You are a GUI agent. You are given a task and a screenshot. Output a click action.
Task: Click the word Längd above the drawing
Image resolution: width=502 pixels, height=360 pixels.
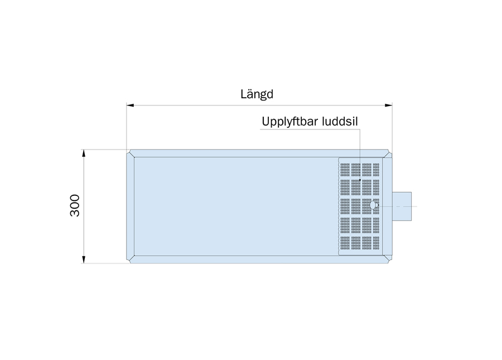(257, 94)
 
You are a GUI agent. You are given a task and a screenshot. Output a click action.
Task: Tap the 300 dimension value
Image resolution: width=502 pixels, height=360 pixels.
(75, 205)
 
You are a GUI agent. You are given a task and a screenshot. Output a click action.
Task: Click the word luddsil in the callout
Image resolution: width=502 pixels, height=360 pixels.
(340, 121)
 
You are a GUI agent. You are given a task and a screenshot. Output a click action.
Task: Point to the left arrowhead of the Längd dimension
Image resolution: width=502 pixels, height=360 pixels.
(131, 105)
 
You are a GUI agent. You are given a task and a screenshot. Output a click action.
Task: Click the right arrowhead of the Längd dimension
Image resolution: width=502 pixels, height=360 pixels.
(388, 105)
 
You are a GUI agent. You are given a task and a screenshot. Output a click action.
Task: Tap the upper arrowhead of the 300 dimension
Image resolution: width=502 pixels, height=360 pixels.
(84, 153)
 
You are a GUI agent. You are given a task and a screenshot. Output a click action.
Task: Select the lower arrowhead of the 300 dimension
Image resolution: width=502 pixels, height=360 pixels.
(84, 260)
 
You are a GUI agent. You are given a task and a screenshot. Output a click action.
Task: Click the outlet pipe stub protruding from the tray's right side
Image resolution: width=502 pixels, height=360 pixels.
(402, 207)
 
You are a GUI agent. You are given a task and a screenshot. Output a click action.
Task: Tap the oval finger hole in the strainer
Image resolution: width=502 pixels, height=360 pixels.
(373, 205)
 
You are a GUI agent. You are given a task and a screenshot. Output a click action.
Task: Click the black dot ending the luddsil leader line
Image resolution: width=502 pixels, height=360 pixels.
(360, 180)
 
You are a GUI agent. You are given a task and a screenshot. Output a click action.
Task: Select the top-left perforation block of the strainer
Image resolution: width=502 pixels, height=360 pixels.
(345, 170)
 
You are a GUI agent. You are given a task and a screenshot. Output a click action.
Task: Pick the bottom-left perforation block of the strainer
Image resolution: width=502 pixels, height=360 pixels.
(345, 243)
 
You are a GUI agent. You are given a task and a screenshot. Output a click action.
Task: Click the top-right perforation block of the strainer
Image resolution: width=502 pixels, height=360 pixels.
(376, 170)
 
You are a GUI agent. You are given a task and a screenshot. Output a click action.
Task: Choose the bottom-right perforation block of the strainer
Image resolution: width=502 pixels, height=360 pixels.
(376, 243)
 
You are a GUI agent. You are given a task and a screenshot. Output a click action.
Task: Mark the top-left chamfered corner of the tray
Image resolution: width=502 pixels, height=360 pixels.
(131, 153)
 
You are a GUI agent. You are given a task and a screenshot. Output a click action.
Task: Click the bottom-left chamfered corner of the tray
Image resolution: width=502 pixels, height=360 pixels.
(131, 260)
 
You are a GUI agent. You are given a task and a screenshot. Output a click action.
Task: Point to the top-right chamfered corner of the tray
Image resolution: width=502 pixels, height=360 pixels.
(388, 153)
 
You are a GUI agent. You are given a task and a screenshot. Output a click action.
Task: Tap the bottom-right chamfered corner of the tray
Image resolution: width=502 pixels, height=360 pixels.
(388, 260)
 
